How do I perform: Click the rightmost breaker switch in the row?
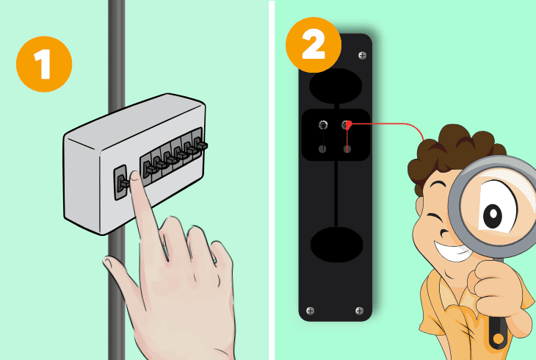point(196,145)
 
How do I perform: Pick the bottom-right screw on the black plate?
point(359,310)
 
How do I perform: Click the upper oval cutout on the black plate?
point(335,87)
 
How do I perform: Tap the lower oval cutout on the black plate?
point(335,242)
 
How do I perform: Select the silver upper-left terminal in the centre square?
point(322,126)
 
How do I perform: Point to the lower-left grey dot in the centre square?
point(322,149)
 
